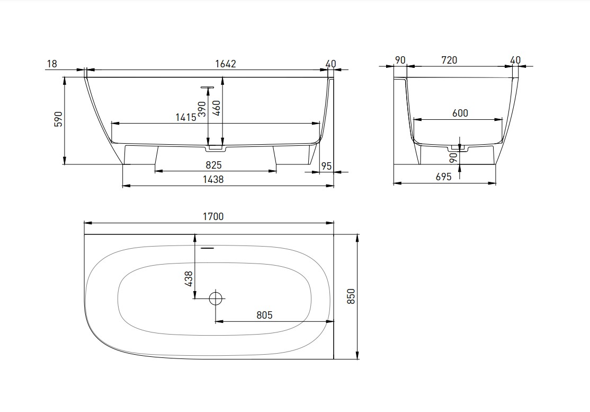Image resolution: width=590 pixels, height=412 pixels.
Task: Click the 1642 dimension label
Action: [x=226, y=64]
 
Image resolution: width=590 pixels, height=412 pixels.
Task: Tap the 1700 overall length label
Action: [x=213, y=216]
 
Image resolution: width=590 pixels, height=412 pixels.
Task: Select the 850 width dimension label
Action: [x=351, y=296]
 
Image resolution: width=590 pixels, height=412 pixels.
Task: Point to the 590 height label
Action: [x=58, y=119]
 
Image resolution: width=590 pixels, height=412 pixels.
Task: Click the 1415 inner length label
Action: [x=186, y=118]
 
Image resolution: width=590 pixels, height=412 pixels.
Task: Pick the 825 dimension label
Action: [x=214, y=165]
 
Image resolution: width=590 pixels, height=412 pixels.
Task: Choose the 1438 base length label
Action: [x=213, y=179]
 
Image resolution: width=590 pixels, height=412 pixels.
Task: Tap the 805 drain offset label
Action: [x=264, y=315]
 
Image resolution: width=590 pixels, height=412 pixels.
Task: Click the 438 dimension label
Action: [x=189, y=279]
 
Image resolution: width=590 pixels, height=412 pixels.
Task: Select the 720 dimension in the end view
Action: [x=449, y=60]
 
